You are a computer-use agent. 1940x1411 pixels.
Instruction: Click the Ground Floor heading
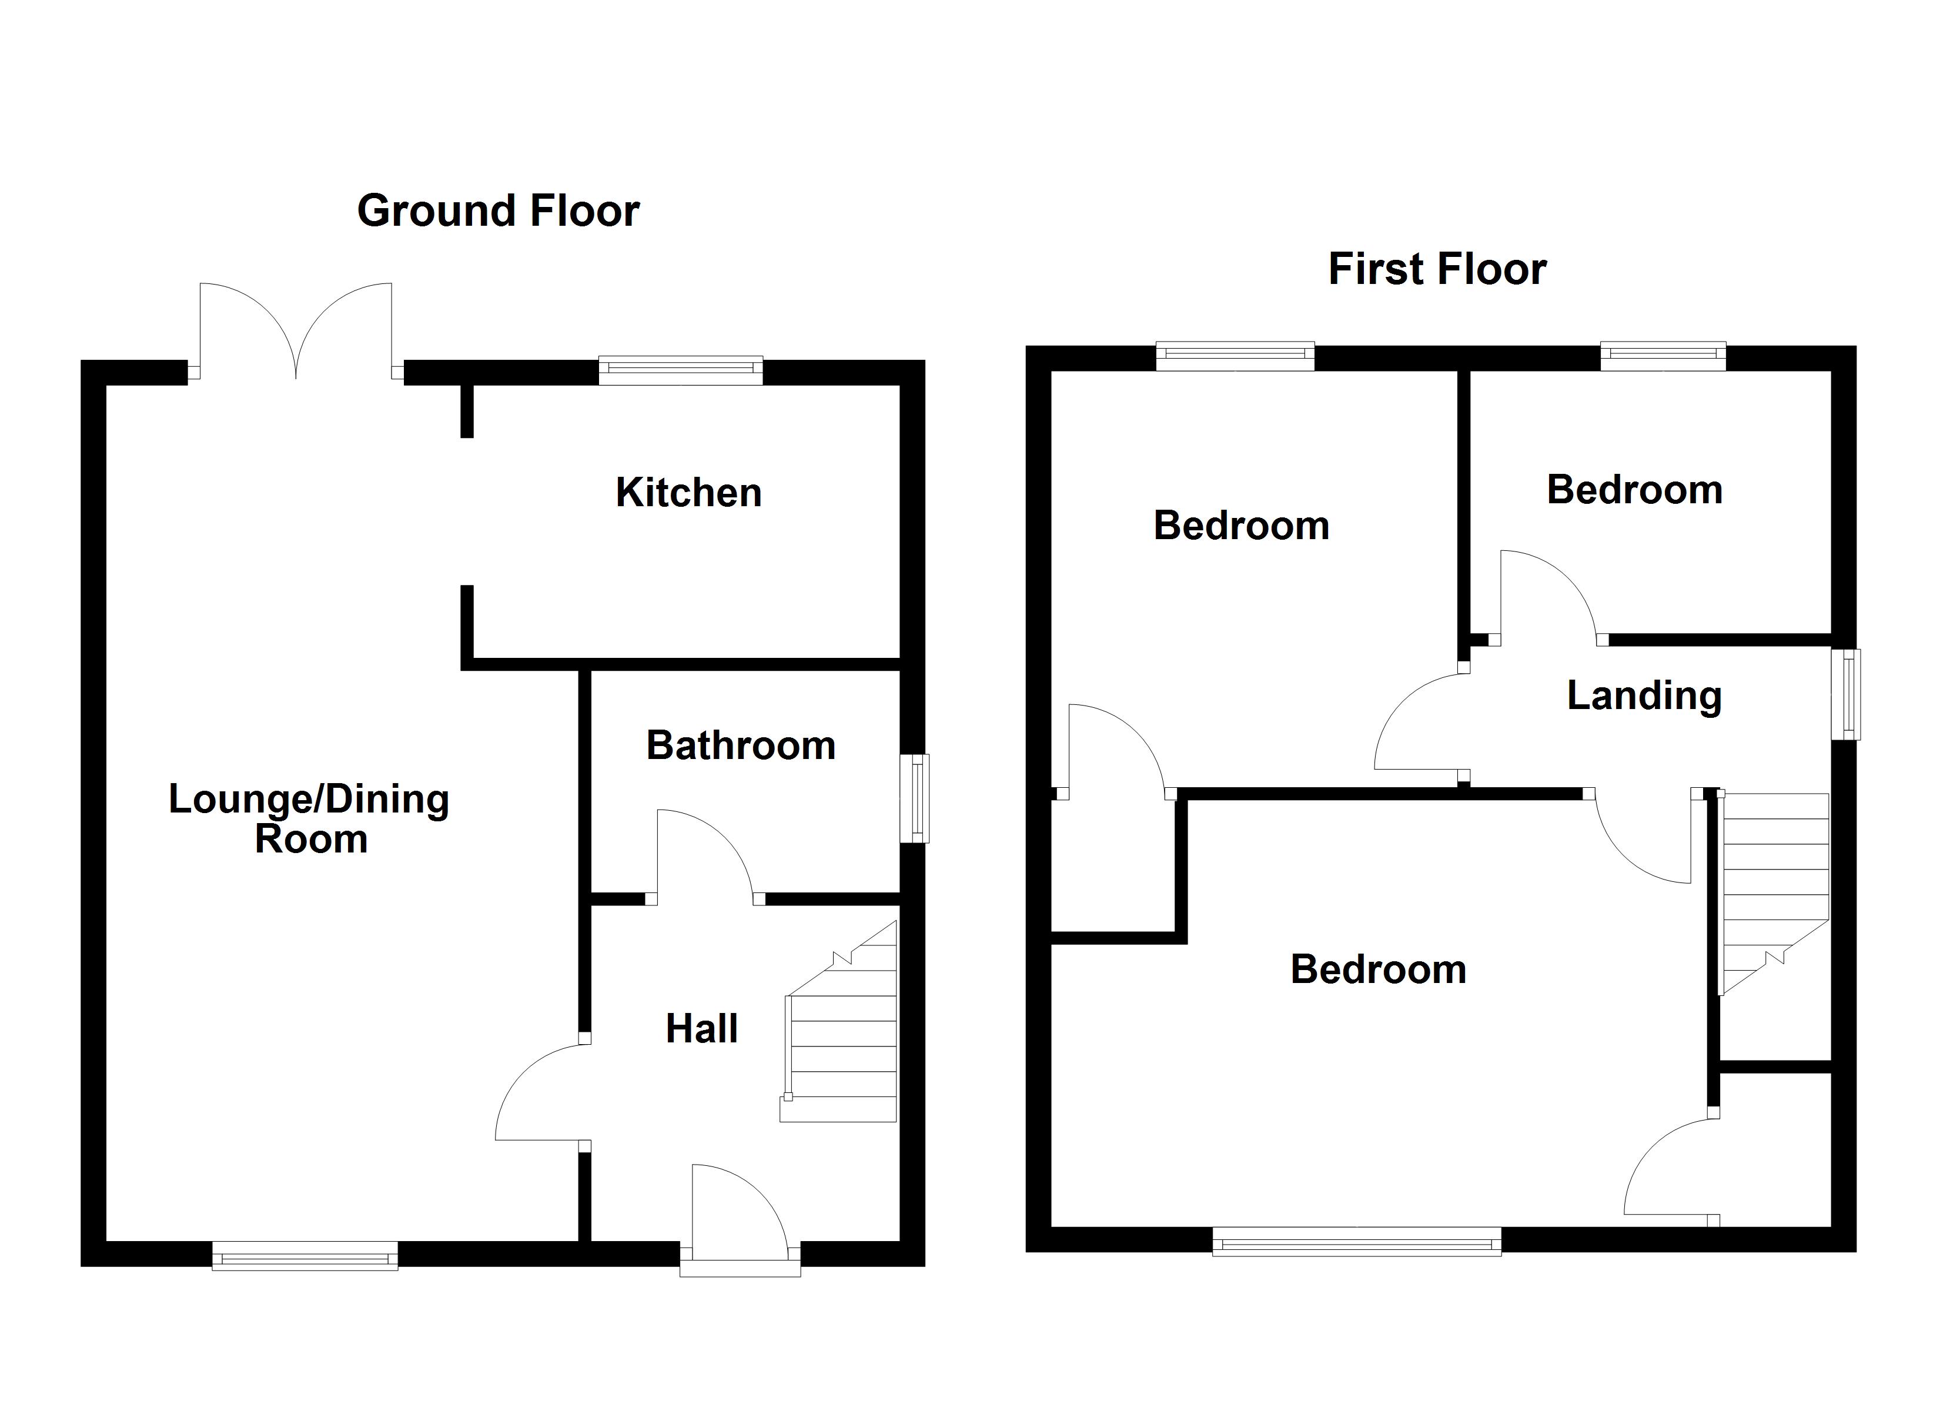(498, 210)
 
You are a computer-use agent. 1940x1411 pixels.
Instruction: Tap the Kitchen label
(688, 493)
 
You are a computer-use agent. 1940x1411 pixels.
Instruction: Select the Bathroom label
(741, 745)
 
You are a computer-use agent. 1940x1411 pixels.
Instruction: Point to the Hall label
(701, 1028)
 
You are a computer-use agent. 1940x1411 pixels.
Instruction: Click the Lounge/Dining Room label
(310, 819)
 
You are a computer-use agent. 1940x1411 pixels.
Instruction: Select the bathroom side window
(915, 797)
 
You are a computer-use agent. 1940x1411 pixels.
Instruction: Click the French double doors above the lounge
(296, 334)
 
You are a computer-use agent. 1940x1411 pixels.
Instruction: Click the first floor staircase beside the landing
(1772, 890)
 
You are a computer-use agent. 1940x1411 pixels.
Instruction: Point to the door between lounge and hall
(539, 1095)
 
